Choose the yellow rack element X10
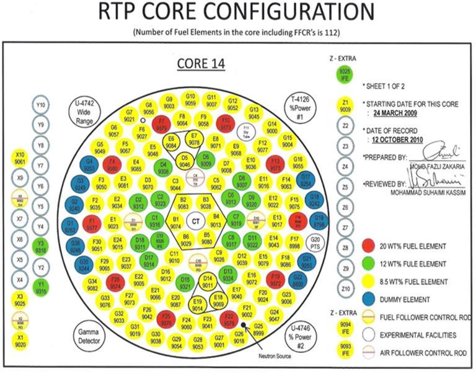[x=20, y=158]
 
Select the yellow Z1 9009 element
[x=345, y=105]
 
